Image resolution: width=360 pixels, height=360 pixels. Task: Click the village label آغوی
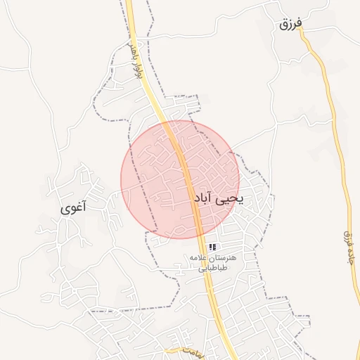tap(74, 207)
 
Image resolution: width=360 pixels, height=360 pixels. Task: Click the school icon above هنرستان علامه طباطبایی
tap(212, 247)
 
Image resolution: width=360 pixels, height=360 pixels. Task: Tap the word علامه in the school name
tap(200, 258)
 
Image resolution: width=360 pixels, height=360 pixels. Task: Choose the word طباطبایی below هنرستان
tap(212, 268)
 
